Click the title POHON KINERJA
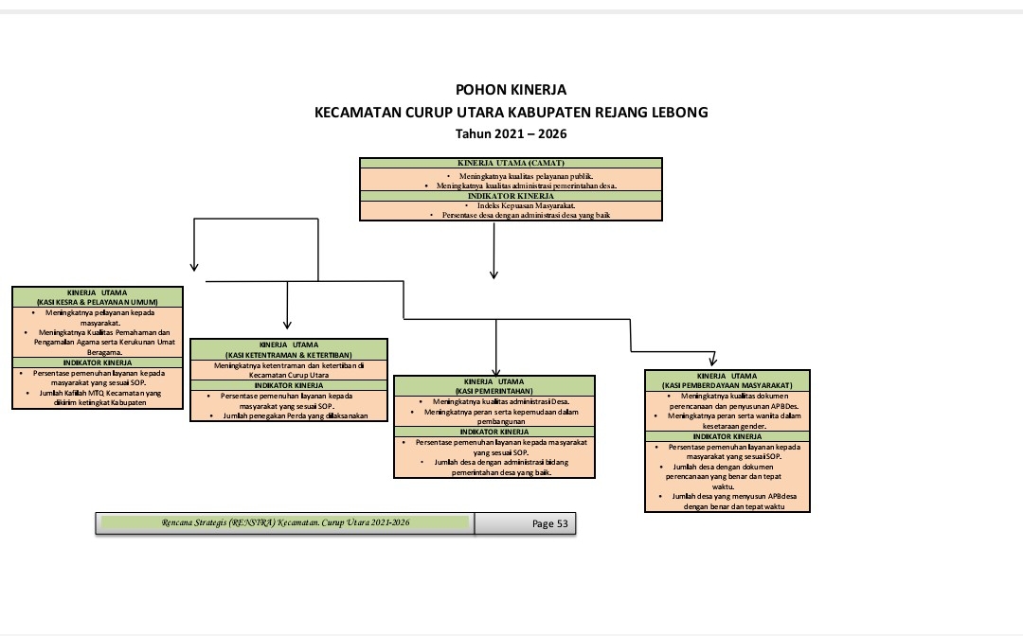tap(511, 90)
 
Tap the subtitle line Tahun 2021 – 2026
tap(511, 134)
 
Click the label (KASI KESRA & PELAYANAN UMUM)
tap(98, 302)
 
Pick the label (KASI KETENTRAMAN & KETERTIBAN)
tap(288, 354)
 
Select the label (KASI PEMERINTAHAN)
tap(494, 390)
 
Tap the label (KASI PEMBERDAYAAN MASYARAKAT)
tap(727, 385)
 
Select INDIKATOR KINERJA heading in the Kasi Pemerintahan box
tap(494, 432)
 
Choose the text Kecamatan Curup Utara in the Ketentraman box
tap(288, 375)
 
